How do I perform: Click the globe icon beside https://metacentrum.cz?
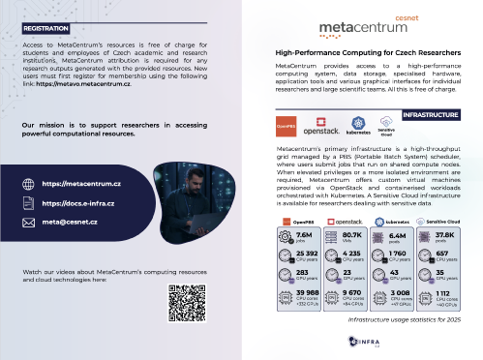27,183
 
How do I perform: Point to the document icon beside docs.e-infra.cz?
27,203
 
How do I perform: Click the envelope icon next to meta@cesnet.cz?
27,223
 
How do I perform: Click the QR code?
187,303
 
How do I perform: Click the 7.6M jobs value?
303,236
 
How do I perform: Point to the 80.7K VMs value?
351,236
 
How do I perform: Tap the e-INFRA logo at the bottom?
364,341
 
